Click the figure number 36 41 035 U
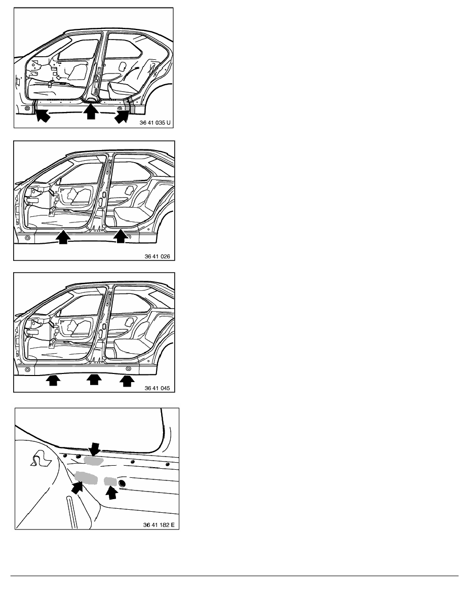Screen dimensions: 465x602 pos(155,123)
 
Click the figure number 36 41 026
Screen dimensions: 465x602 pos(158,256)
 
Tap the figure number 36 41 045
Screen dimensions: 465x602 pos(158,388)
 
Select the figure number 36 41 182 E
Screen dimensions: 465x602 pos(159,525)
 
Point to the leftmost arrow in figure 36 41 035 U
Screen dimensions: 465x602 pos(43,115)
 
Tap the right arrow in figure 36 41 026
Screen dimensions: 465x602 pos(121,236)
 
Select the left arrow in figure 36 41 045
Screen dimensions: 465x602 pos(53,381)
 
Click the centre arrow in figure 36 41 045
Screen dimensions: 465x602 pos(94,380)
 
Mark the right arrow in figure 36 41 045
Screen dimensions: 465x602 pos(127,381)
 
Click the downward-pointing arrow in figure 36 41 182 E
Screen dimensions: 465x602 pos(94,448)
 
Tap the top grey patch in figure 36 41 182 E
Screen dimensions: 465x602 pos(94,461)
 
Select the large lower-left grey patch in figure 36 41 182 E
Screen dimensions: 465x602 pos(86,478)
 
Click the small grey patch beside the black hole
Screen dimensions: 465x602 pos(110,481)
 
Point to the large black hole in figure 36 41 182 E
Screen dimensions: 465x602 pos(122,483)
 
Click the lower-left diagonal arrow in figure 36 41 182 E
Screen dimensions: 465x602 pos(78,487)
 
